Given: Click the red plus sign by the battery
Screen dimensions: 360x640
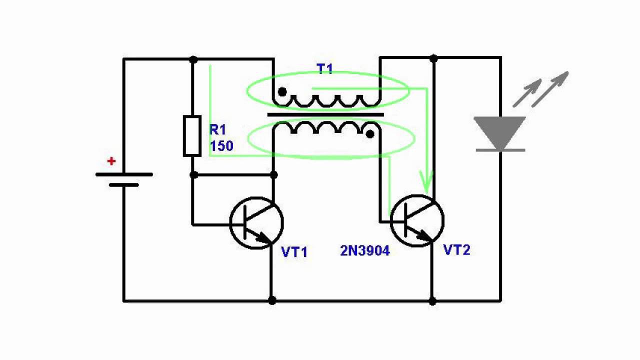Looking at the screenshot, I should click(111, 161).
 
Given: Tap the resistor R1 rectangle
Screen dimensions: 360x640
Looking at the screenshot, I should click(192, 135).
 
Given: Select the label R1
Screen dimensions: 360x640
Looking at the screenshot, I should click(217, 130).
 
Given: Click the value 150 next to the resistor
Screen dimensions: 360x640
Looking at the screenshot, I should click(221, 146).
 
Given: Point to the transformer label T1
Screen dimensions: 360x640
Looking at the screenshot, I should click(324, 69).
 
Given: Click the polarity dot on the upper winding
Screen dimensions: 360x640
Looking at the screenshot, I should click(282, 92).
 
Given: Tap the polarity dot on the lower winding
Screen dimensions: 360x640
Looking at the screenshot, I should click(370, 134).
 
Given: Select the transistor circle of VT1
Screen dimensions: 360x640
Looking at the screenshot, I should click(256, 223).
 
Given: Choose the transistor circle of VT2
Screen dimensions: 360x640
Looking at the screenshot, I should click(417, 220).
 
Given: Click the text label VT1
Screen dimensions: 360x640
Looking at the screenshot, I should click(294, 252).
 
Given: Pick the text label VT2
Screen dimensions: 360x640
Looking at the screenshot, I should click(457, 250).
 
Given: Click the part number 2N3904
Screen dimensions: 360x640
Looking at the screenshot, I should click(365, 251).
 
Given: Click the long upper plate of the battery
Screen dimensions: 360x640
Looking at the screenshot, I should click(124, 174).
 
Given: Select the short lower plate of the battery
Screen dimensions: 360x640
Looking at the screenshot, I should click(123, 185).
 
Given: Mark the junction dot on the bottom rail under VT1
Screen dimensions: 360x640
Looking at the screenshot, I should click(272, 300).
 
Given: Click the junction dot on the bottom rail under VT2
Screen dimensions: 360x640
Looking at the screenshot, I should click(432, 301).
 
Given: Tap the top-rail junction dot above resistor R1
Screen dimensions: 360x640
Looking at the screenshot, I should click(193, 59).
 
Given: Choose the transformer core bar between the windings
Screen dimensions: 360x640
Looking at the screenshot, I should click(325, 115).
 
